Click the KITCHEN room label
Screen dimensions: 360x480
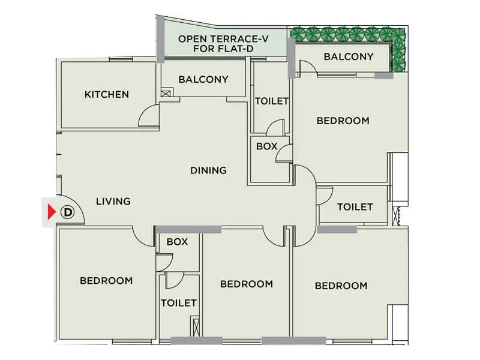[x=106, y=94]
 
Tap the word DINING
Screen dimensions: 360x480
[x=208, y=170]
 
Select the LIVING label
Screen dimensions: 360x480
[x=113, y=201]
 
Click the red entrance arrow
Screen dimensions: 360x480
[x=51, y=212]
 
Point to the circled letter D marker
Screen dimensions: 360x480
[x=68, y=212]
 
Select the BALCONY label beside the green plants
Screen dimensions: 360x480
[x=348, y=57]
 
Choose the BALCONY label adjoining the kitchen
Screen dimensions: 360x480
[x=203, y=79]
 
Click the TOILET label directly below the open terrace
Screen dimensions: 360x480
[x=272, y=101]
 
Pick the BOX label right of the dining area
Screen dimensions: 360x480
[x=266, y=146]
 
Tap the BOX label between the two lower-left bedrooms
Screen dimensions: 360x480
[x=178, y=242]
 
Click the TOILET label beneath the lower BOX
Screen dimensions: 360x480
[x=179, y=303]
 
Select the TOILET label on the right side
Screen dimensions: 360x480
[x=355, y=206]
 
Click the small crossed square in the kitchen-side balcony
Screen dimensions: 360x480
[x=166, y=93]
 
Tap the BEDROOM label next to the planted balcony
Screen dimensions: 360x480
[x=343, y=121]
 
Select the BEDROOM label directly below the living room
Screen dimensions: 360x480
[x=106, y=280]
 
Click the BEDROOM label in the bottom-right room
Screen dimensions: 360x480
[x=341, y=286]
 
